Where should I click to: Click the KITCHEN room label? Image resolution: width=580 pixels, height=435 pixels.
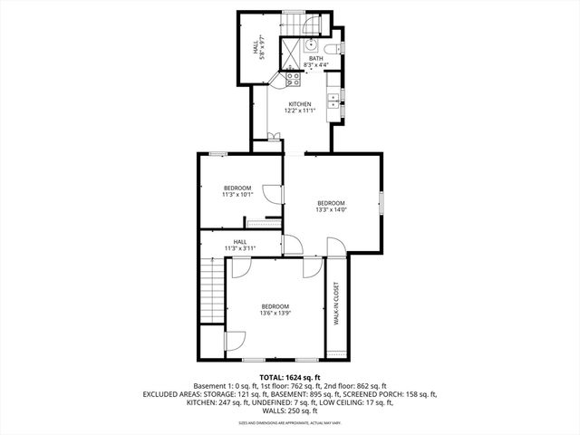[300, 104]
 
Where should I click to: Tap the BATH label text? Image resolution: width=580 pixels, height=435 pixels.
[314, 59]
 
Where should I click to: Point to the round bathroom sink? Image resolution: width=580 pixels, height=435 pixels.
[311, 43]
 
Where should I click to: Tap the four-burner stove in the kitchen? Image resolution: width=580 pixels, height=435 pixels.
[294, 79]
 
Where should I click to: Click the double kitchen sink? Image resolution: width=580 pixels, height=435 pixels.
[333, 101]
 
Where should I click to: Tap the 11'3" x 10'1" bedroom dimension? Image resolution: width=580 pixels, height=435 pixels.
[237, 194]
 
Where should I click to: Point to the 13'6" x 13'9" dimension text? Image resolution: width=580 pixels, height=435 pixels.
[275, 314]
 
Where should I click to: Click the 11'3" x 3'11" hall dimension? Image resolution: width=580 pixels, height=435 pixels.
[240, 248]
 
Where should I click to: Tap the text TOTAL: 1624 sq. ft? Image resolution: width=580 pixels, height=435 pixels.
[290, 377]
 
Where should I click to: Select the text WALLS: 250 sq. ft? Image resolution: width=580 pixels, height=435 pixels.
[289, 411]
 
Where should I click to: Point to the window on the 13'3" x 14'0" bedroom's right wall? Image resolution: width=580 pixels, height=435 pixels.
[382, 204]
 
